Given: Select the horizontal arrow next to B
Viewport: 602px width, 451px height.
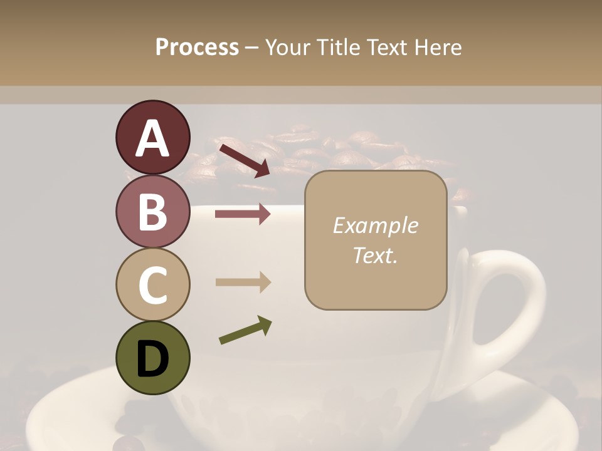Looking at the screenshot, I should click(x=243, y=214).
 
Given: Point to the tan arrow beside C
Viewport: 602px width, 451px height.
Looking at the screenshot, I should click(x=243, y=282).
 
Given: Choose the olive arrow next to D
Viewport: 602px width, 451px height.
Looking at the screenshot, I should click(x=245, y=330).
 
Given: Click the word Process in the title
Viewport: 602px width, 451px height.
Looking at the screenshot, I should click(x=197, y=47).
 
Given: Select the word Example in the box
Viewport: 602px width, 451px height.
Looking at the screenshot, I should click(x=375, y=225).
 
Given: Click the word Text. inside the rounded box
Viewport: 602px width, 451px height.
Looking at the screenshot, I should click(x=375, y=255).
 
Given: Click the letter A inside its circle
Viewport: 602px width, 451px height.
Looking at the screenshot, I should click(x=152, y=138).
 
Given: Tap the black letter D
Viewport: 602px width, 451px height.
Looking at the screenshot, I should click(x=152, y=359).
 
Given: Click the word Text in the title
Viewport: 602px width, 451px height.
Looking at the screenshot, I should click(x=386, y=47).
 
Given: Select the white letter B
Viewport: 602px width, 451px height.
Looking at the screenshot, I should click(x=152, y=212).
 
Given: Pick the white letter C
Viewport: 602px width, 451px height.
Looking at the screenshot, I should click(x=152, y=285).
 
